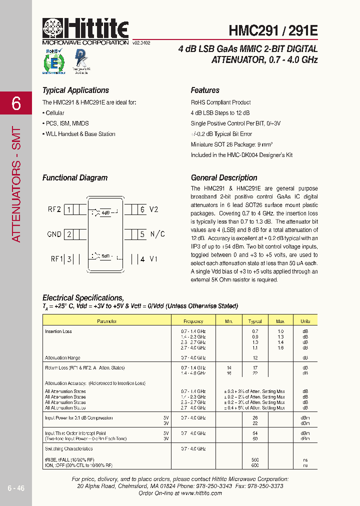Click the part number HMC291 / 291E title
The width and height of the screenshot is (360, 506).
coord(273,30)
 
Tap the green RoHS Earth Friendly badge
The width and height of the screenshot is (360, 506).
coord(53,62)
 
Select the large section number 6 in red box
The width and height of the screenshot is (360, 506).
coord(16,103)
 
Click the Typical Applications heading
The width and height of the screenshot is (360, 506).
coord(75,90)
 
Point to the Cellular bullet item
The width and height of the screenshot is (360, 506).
coord(54,113)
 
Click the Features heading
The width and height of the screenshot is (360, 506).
coord(205,90)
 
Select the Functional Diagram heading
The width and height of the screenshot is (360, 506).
coord(75,177)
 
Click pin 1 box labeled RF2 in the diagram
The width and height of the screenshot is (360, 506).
coord(68,209)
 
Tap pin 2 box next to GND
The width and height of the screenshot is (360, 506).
coord(68,234)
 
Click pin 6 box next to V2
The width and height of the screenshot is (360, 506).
coord(142,209)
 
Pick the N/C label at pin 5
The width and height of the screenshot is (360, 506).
coord(157,234)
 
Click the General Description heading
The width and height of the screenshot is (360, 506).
coord(224,177)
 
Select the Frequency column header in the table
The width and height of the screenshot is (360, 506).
coord(193,321)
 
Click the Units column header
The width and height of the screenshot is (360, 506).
coord(305,321)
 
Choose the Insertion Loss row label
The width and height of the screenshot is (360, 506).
coord(58,331)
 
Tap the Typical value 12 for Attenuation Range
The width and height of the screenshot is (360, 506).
coord(255,358)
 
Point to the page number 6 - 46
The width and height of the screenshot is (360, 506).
coord(16,488)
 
